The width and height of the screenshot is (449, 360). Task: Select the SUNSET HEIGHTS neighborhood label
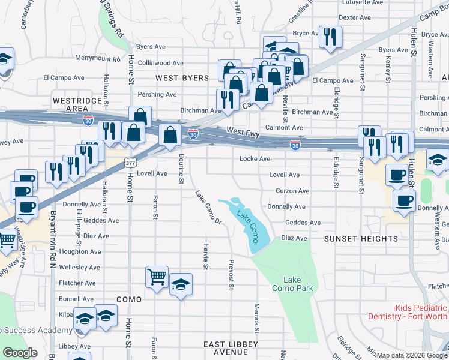[361, 239]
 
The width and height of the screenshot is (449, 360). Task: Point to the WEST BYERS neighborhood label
[182, 78]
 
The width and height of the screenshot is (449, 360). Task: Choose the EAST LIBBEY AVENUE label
[231, 348]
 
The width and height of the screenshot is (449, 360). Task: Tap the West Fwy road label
[243, 132]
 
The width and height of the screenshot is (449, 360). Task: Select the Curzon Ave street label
[292, 191]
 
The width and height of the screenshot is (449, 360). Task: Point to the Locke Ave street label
[255, 159]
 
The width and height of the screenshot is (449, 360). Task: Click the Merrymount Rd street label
[91, 58]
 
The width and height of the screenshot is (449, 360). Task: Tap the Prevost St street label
[231, 274]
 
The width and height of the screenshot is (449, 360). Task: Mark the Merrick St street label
[256, 317]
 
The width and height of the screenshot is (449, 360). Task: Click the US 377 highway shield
[130, 163]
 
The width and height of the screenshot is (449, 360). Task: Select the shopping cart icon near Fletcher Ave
[157, 277]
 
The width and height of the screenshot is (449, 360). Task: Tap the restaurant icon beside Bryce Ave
[330, 37]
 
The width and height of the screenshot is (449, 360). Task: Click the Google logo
[20, 353]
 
